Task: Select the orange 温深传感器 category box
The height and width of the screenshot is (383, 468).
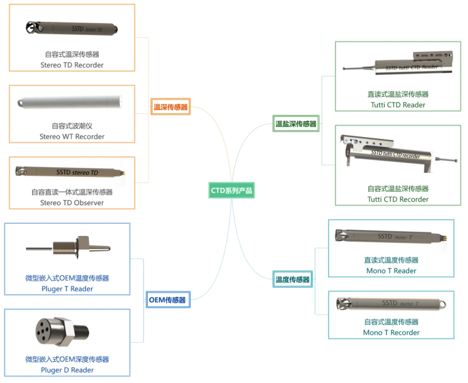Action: coord(171,107)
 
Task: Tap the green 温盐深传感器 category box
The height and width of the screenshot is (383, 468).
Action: coord(296,124)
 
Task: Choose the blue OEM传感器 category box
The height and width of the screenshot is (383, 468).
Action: coord(167,300)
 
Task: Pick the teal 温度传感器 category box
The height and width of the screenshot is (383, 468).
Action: coord(293,280)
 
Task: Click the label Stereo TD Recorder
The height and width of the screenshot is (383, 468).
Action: coord(72,65)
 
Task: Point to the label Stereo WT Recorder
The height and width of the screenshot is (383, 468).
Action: coord(72,136)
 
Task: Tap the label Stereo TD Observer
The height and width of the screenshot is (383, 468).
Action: coord(72,203)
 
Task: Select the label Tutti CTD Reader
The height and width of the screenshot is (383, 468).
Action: coord(398,105)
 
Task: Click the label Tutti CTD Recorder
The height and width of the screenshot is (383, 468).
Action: coord(398,199)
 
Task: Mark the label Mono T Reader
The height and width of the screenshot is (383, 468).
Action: coord(391,270)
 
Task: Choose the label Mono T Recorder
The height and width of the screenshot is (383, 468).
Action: coord(391,332)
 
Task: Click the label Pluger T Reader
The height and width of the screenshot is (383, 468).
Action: coord(67,289)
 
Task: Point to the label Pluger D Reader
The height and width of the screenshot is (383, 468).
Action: coord(67,370)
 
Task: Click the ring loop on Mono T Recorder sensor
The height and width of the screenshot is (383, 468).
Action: coord(442,304)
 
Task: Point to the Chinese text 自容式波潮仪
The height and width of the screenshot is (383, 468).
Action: coord(72,126)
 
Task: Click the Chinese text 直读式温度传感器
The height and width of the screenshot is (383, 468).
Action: coord(391,260)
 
